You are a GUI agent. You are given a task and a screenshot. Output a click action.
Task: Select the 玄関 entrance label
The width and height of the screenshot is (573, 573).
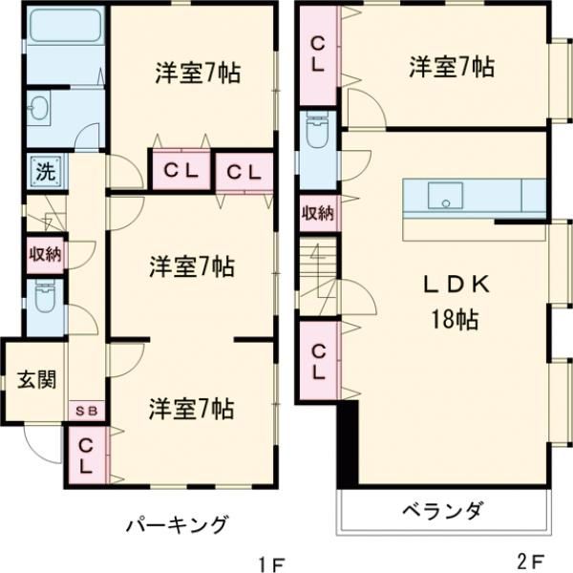tap(35, 379)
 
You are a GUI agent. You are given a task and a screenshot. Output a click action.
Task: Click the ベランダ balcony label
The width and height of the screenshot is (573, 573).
tap(441, 512)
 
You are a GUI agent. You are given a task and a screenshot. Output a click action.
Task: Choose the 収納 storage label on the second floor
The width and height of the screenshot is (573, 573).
tap(318, 213)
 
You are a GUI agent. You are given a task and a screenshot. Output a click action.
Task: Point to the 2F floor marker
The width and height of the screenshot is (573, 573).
tap(531, 560)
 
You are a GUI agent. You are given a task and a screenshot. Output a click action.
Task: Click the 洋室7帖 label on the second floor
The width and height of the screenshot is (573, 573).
tap(452, 68)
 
